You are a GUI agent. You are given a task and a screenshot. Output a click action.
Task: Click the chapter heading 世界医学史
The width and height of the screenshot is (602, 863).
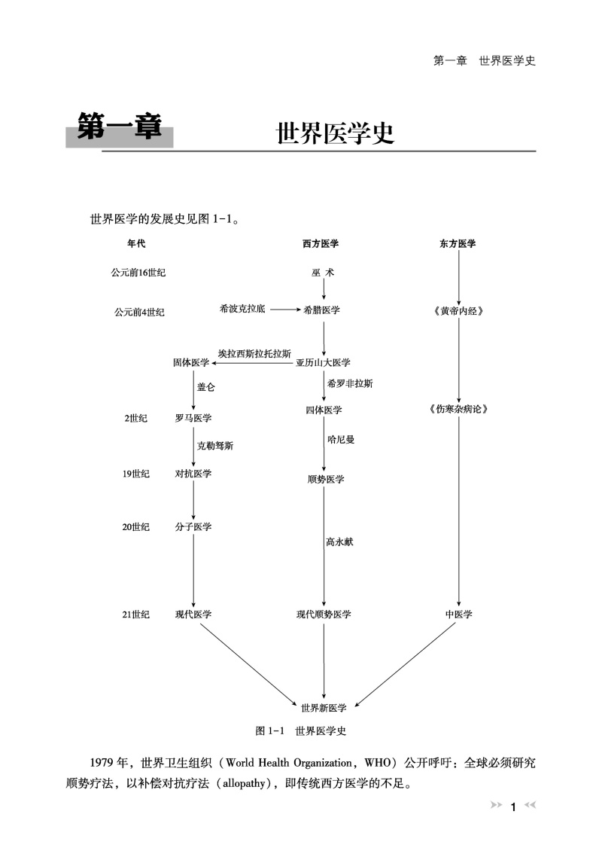[x=336, y=134]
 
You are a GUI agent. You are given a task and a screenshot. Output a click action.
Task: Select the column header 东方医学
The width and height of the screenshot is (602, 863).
[x=458, y=244]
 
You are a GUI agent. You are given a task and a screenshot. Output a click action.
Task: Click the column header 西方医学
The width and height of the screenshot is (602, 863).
[x=321, y=244]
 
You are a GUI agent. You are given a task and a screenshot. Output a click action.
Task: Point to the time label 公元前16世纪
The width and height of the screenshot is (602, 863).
[x=138, y=273]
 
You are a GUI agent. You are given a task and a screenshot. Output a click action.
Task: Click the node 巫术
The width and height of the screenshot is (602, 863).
[x=323, y=273]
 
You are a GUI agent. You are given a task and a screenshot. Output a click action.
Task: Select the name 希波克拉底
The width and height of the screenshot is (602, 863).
[x=242, y=309]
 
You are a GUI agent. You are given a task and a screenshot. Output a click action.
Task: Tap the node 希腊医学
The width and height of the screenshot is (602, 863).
[x=322, y=310]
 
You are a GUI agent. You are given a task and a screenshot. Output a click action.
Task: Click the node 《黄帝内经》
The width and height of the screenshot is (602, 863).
[x=458, y=310]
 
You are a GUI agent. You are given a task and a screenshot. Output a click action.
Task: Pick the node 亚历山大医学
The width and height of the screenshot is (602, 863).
[x=323, y=362]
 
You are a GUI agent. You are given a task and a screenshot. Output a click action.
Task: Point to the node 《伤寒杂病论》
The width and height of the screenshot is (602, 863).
[x=458, y=410]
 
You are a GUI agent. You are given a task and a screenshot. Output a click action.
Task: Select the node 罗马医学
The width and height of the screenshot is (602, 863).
[x=193, y=418]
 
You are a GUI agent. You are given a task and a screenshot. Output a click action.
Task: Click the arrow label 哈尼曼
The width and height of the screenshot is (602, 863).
[x=341, y=438]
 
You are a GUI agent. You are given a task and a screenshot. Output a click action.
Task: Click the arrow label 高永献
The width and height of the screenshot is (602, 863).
[x=339, y=541]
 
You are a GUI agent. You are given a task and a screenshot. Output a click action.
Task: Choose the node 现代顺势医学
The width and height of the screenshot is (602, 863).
[x=324, y=614]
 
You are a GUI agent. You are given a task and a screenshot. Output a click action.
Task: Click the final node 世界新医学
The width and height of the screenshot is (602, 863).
[x=324, y=708]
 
